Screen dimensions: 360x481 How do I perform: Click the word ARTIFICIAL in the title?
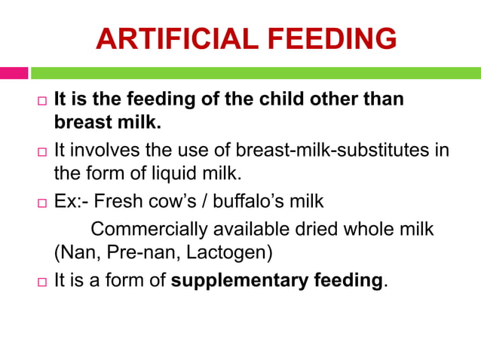tap(176, 39)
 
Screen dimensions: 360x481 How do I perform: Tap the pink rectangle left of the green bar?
tap(14, 73)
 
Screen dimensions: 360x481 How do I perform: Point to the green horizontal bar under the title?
tap(256, 73)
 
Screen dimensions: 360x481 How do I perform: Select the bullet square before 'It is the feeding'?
tap(42, 101)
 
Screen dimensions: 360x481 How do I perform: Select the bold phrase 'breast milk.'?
tap(108, 122)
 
